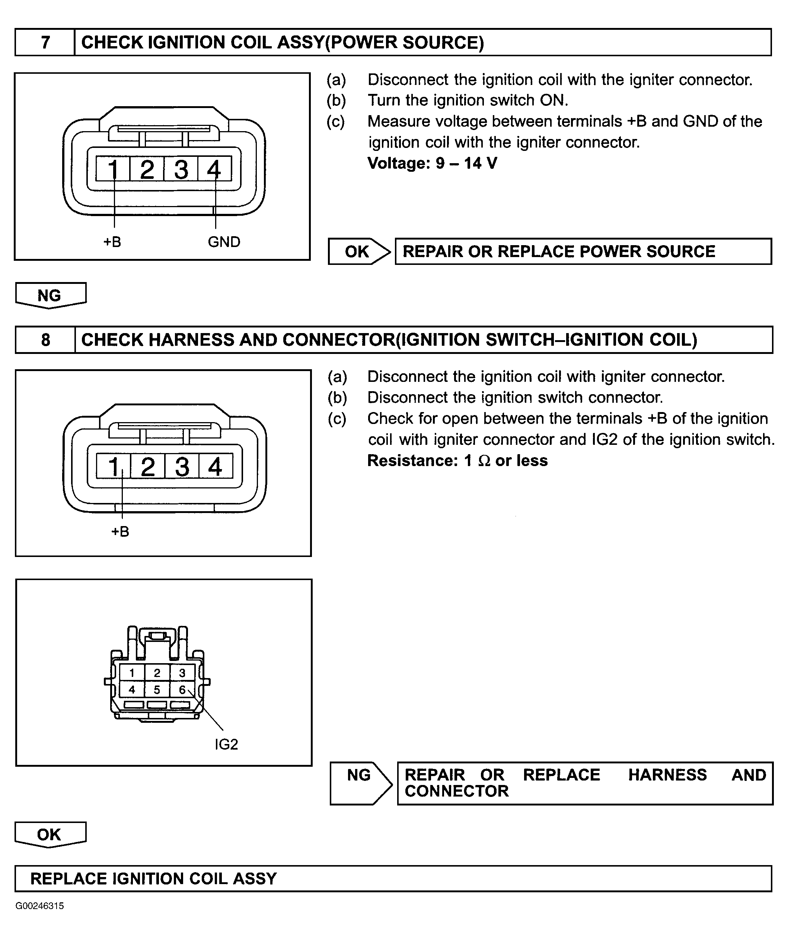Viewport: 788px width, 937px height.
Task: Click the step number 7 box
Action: click(x=45, y=42)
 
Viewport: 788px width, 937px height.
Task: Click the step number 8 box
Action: click(x=45, y=340)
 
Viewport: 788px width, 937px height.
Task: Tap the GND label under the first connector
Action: click(x=224, y=242)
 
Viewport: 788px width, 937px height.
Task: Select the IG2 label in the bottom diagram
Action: click(x=226, y=744)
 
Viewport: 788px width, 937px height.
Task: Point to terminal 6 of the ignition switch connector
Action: click(x=182, y=690)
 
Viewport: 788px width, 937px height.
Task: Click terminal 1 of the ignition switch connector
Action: click(x=132, y=673)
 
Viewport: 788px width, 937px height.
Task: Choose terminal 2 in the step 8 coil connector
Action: click(x=148, y=466)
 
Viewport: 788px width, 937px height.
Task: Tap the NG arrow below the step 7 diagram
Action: click(x=50, y=295)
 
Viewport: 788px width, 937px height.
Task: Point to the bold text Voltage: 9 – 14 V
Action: click(x=432, y=163)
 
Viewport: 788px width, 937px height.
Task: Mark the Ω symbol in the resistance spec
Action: click(x=484, y=461)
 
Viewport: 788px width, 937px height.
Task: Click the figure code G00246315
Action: click(x=39, y=906)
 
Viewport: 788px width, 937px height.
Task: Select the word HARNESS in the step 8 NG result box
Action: click(x=667, y=775)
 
